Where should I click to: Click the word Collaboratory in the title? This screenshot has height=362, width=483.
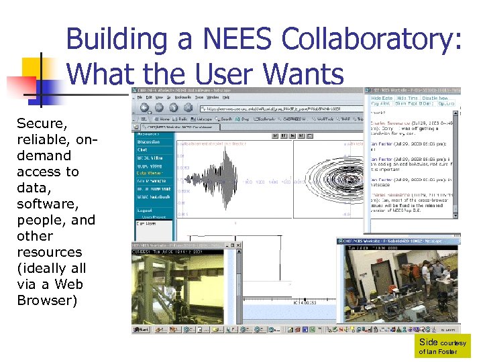point(372,40)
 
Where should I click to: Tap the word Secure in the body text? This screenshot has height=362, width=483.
point(41,123)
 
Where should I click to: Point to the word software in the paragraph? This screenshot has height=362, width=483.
point(46,204)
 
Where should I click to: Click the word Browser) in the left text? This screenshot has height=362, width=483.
point(47,300)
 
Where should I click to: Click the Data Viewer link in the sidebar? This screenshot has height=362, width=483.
point(150,173)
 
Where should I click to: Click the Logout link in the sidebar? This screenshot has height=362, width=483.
point(144,210)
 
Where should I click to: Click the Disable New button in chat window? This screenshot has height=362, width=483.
point(439,98)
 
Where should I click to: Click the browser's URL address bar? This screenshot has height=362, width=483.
point(268,107)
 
